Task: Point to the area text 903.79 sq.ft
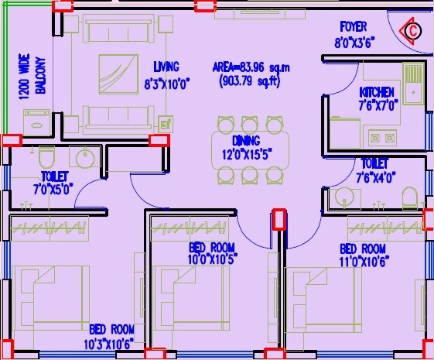251,80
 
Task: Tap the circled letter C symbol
412,31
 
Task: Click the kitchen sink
412,82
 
